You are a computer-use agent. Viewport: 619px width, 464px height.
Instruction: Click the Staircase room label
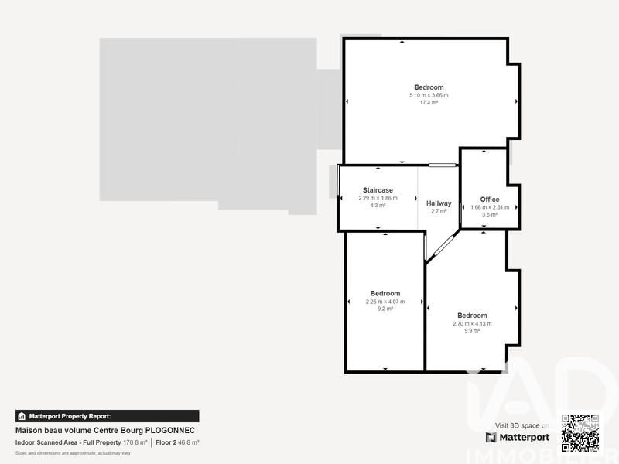(x=378, y=190)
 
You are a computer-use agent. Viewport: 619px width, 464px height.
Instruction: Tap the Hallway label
(x=439, y=203)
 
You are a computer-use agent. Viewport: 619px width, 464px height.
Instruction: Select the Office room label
(x=490, y=200)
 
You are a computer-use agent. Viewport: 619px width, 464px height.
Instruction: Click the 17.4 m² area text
(x=429, y=103)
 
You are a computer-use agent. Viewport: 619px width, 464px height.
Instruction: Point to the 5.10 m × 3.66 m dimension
(x=429, y=95)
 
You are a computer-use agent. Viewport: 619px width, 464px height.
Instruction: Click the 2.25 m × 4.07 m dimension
(x=385, y=302)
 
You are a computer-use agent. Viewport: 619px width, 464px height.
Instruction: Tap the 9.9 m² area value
(x=472, y=331)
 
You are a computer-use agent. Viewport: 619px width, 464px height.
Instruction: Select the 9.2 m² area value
(x=385, y=309)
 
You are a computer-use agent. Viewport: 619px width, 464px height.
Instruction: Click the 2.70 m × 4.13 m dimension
(x=472, y=323)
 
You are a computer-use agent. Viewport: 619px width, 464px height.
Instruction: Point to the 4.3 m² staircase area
(x=378, y=205)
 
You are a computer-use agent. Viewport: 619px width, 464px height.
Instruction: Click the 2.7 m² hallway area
(x=439, y=211)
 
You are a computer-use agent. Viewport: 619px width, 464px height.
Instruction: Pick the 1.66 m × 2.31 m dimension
(x=490, y=207)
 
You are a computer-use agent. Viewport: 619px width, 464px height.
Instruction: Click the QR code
(x=580, y=433)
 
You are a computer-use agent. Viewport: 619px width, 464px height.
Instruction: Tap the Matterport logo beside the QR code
(x=518, y=437)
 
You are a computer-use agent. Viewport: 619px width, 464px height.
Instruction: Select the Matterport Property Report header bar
(x=107, y=416)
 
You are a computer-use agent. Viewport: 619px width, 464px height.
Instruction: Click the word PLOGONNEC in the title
(x=170, y=430)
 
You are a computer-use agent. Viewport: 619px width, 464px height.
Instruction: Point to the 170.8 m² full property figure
(x=135, y=442)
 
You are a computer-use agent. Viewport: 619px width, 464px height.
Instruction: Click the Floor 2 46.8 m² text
(x=177, y=442)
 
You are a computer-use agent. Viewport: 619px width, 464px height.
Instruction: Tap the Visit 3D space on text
(x=522, y=425)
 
